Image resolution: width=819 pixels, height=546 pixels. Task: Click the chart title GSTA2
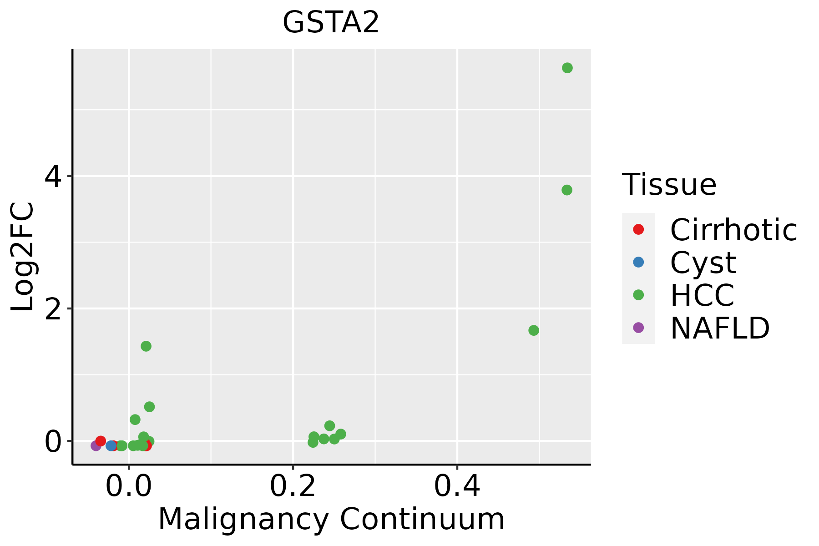pyautogui.click(x=331, y=23)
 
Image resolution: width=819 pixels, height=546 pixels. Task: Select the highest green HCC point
pyautogui.click(x=567, y=68)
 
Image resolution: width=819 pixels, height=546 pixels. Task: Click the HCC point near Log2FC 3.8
pyautogui.click(x=566, y=190)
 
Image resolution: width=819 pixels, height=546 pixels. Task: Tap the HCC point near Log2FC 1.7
pyautogui.click(x=534, y=330)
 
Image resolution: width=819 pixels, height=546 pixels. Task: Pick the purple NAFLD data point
pyautogui.click(x=96, y=445)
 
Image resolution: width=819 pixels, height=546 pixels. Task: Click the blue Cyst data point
pyautogui.click(x=111, y=445)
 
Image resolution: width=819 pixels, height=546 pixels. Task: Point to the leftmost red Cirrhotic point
pyautogui.click(x=101, y=441)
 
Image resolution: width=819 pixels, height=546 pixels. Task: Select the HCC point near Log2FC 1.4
pyautogui.click(x=146, y=346)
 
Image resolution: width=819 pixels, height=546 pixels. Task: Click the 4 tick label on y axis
pyautogui.click(x=53, y=176)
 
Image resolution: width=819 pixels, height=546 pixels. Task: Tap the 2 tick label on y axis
pyautogui.click(x=53, y=308)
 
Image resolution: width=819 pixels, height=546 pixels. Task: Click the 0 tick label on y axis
pyautogui.click(x=53, y=441)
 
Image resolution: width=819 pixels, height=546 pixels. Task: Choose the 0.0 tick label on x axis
pyautogui.click(x=129, y=487)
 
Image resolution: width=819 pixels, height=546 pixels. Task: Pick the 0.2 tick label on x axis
pyautogui.click(x=293, y=487)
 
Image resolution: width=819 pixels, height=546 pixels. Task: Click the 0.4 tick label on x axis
pyautogui.click(x=457, y=487)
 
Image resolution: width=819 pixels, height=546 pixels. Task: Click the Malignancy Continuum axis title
pyautogui.click(x=331, y=519)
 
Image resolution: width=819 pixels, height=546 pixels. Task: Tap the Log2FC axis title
pyautogui.click(x=23, y=257)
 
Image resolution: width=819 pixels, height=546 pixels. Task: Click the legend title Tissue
pyautogui.click(x=669, y=185)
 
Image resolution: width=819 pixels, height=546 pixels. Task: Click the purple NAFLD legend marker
pyautogui.click(x=638, y=327)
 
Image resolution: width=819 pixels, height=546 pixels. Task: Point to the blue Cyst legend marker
pyautogui.click(x=638, y=262)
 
